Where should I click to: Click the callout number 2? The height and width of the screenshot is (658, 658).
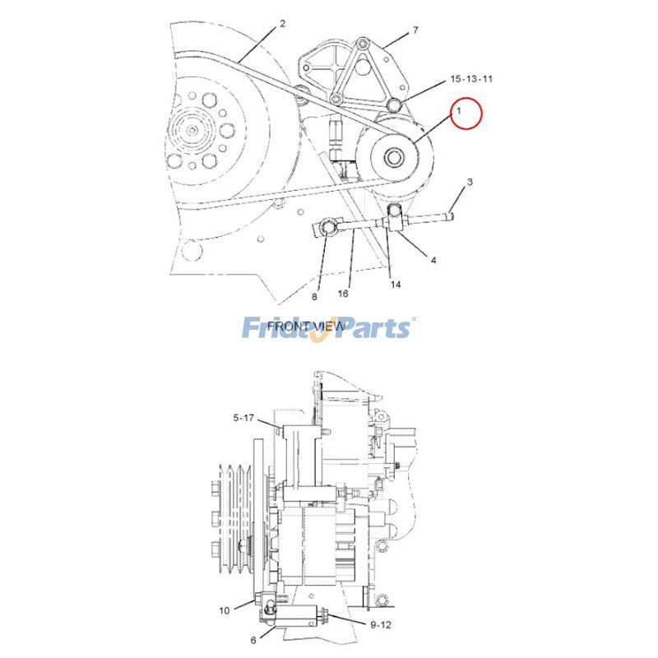(x=282, y=23)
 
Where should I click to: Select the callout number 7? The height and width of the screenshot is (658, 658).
(x=415, y=30)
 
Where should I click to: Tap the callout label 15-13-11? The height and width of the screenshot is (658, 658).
(x=471, y=79)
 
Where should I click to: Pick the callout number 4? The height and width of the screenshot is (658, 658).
(x=433, y=261)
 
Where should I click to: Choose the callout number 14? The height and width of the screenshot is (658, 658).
(x=396, y=285)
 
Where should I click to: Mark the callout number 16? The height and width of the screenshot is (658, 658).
(x=344, y=293)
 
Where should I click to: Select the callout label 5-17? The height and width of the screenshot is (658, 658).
(x=243, y=418)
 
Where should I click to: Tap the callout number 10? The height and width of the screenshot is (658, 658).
(x=224, y=610)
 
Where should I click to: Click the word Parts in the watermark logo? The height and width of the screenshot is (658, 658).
(x=369, y=328)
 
